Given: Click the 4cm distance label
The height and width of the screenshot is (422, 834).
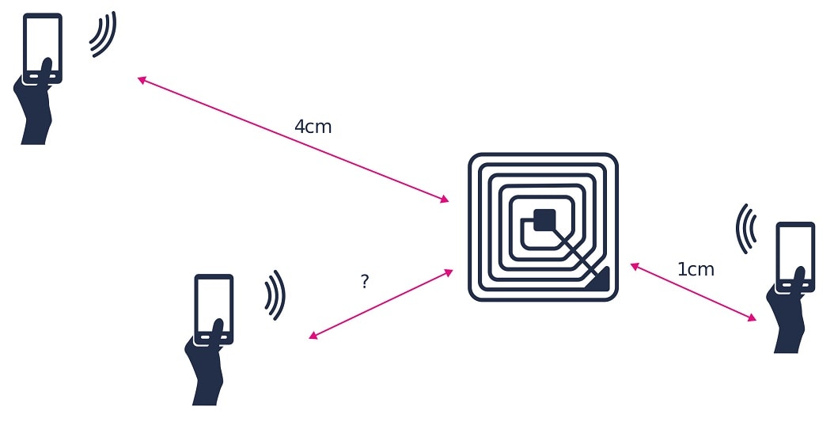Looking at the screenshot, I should [x=313, y=127].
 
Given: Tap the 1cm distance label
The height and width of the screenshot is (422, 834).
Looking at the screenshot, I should [x=696, y=270].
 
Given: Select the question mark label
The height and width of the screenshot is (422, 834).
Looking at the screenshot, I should [x=364, y=281].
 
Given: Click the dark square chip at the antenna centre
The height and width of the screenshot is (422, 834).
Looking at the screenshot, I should [x=544, y=219].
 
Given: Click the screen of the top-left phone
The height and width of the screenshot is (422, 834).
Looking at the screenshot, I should [x=43, y=44].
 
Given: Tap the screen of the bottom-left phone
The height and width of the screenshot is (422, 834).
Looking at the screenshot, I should [x=214, y=305].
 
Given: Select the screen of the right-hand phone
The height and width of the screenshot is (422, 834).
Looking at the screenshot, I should [x=795, y=253].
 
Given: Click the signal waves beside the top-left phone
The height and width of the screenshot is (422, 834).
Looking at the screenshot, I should [x=104, y=35].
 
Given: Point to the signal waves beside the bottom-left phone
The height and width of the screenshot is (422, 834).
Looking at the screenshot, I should [x=275, y=295].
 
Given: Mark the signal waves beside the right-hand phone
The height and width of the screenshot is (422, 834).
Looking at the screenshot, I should [x=745, y=229].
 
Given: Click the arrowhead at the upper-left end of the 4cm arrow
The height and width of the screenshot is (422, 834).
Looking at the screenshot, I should [x=142, y=79].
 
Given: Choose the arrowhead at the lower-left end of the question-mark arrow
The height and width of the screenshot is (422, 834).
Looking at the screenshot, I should [x=313, y=336].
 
